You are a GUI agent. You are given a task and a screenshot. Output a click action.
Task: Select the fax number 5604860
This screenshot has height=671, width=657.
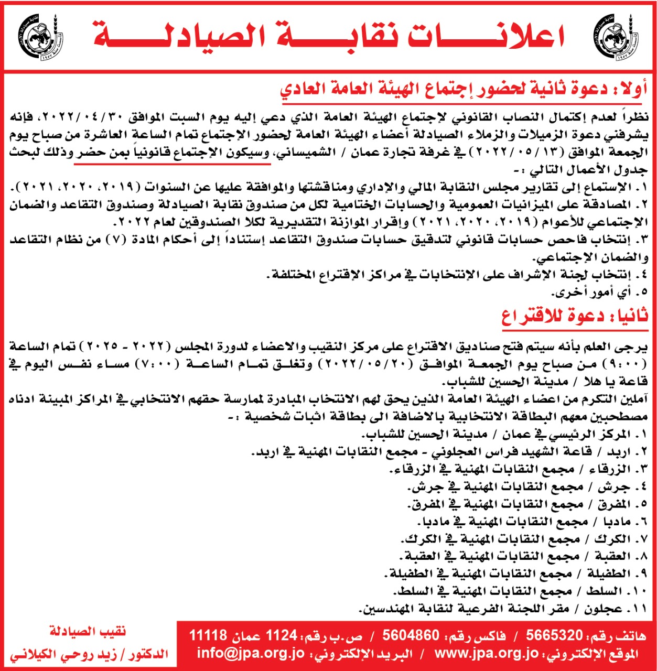click(x=411, y=636)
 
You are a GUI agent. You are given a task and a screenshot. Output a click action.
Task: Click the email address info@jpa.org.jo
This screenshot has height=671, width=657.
click(x=251, y=653)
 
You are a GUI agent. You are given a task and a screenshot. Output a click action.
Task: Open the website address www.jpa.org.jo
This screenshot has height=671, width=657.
click(x=486, y=653)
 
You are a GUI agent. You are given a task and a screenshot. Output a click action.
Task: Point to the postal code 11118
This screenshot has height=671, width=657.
click(x=208, y=636)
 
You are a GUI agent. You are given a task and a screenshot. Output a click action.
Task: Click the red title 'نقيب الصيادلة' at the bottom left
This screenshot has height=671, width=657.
click(x=88, y=632)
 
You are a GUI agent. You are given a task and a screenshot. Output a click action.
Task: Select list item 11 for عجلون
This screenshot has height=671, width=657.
click(x=503, y=608)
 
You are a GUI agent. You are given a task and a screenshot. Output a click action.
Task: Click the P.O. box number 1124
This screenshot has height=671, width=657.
click(x=282, y=636)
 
